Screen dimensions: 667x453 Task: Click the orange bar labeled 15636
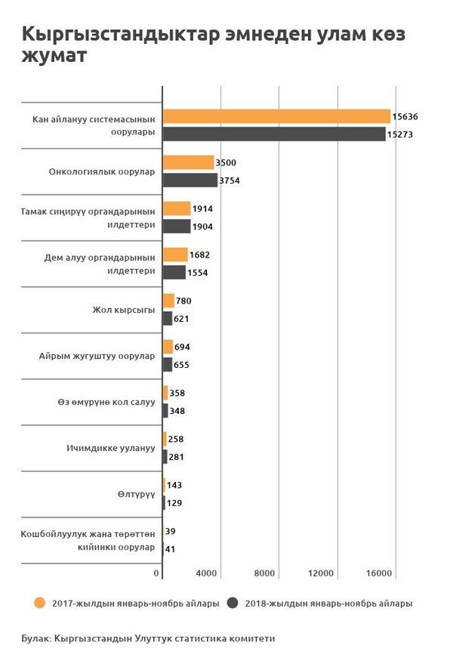point(276,116)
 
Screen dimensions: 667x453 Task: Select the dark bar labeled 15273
point(274,134)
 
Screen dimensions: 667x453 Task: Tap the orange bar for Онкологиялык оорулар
point(189,162)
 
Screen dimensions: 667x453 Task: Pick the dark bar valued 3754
point(190,181)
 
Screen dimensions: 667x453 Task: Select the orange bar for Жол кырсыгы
point(168,301)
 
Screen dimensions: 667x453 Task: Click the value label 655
point(180,365)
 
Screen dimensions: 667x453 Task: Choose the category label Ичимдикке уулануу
point(111,448)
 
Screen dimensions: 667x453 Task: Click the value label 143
point(175,485)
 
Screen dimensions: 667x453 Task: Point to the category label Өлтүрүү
point(137,494)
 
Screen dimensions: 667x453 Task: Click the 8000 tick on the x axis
point(264,574)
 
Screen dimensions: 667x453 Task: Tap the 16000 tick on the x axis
point(379,574)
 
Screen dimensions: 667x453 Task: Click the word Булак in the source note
point(35,639)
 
